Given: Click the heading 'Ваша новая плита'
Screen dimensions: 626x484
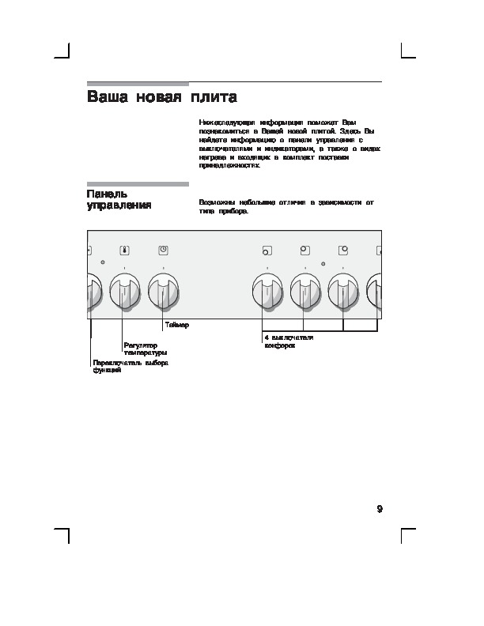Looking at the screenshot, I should tap(161, 98).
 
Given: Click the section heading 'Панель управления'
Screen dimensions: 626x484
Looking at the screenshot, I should tap(119, 199).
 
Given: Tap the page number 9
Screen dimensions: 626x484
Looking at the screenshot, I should tap(380, 508).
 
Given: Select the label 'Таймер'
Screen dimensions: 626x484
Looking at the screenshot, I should tap(177, 326).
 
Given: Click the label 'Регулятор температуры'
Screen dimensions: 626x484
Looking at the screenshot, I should tap(145, 349).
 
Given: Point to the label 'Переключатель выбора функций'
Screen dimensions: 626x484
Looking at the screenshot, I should tap(130, 367).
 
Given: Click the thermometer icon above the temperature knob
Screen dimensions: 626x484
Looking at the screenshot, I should tap(124, 251).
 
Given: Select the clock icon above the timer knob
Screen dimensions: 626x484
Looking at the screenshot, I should tap(162, 251).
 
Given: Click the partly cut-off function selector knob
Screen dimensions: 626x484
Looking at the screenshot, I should tap(92, 293).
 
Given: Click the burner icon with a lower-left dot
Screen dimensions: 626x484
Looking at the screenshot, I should tap(267, 252).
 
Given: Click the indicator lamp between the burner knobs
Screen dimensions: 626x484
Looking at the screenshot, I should tap(323, 263).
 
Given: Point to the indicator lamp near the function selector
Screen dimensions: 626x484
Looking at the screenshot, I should tap(103, 262).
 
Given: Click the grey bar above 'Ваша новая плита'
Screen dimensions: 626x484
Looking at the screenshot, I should tap(137, 84).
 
